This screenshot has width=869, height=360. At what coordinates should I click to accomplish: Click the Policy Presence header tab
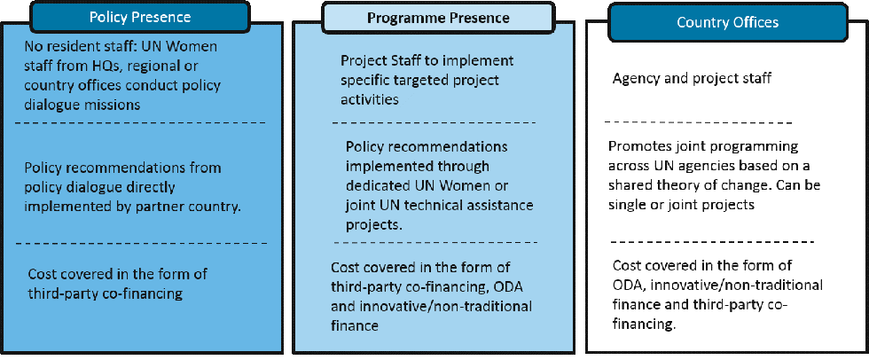140,17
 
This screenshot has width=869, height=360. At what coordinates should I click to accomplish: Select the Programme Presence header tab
438,18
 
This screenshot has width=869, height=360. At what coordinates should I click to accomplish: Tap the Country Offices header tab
727,22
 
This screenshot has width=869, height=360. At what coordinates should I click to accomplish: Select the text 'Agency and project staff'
692,79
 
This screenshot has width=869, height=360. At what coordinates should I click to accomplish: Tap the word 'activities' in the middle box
370,99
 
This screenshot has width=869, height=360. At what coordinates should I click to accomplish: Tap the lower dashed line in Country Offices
712,241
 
